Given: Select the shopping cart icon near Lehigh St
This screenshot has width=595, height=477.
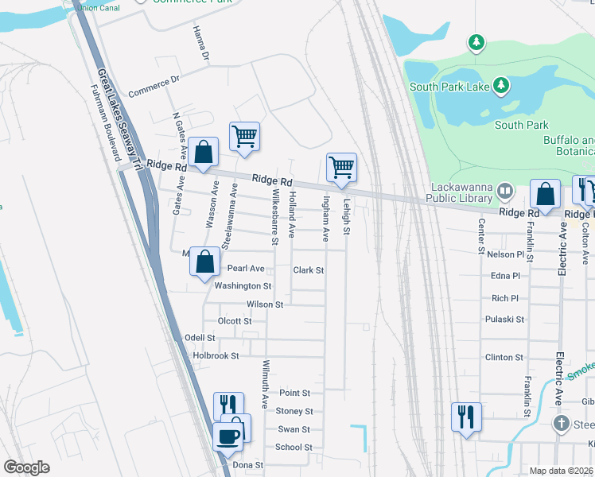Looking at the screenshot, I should pyautogui.click(x=341, y=168).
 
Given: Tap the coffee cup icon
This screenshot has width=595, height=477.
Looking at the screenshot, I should pyautogui.click(x=228, y=436).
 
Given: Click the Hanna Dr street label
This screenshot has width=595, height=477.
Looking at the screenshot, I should pyautogui.click(x=200, y=43).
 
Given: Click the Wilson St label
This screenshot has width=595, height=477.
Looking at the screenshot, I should pyautogui.click(x=266, y=304).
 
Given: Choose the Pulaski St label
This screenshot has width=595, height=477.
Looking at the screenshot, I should pyautogui.click(x=504, y=320).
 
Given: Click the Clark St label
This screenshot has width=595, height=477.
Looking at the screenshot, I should pyautogui.click(x=308, y=270).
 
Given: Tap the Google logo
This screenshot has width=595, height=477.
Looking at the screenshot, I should pyautogui.click(x=26, y=467).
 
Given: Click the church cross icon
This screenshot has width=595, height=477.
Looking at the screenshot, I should pyautogui.click(x=562, y=423).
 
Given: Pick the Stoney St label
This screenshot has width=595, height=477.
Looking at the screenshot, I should pyautogui.click(x=294, y=411).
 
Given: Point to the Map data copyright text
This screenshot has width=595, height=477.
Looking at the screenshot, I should pyautogui.click(x=562, y=471).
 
